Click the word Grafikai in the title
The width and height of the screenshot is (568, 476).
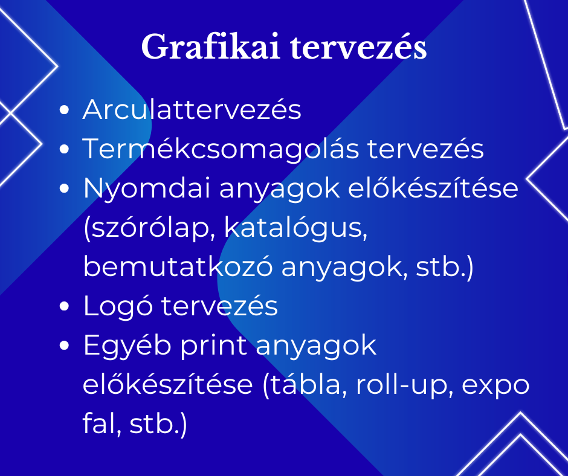[210, 47]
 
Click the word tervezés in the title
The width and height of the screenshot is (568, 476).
[358, 47]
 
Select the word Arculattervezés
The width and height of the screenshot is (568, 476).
[192, 109]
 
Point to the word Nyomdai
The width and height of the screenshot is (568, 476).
[147, 188]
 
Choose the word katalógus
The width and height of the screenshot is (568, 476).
[296, 228]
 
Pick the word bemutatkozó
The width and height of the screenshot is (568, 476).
[178, 267]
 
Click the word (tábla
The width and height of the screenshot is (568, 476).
[303, 385]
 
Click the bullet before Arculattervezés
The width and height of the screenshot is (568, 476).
[64, 110]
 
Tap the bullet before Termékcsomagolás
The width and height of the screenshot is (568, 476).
[64, 149]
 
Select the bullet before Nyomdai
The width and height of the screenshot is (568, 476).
[64, 188]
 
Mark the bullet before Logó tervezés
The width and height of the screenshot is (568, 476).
[64, 306]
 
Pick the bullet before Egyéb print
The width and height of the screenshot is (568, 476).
[64, 346]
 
